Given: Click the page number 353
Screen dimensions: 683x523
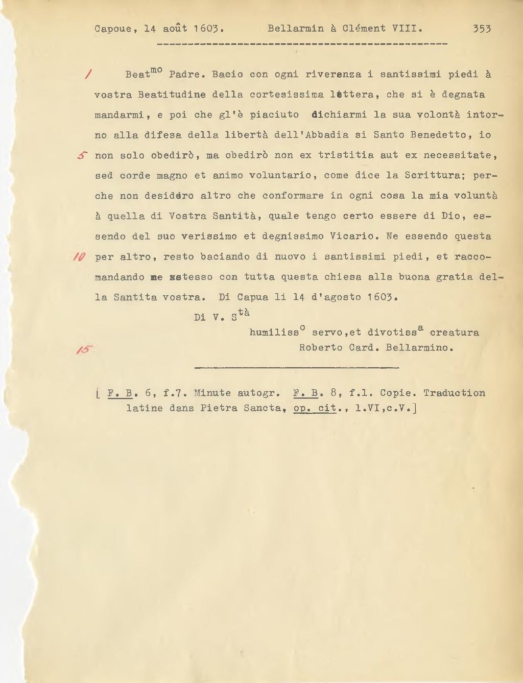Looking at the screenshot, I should coord(482,29).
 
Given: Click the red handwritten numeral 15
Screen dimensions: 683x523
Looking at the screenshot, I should coord(83,349).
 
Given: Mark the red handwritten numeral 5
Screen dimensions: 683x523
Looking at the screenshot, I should coord(83,155).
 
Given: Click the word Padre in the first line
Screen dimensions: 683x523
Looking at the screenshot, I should coord(186,75).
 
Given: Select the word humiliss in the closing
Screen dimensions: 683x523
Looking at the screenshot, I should coord(274,333).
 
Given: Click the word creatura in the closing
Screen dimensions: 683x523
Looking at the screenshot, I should coord(454,333).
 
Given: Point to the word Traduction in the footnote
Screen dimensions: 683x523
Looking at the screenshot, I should coord(454,393).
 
